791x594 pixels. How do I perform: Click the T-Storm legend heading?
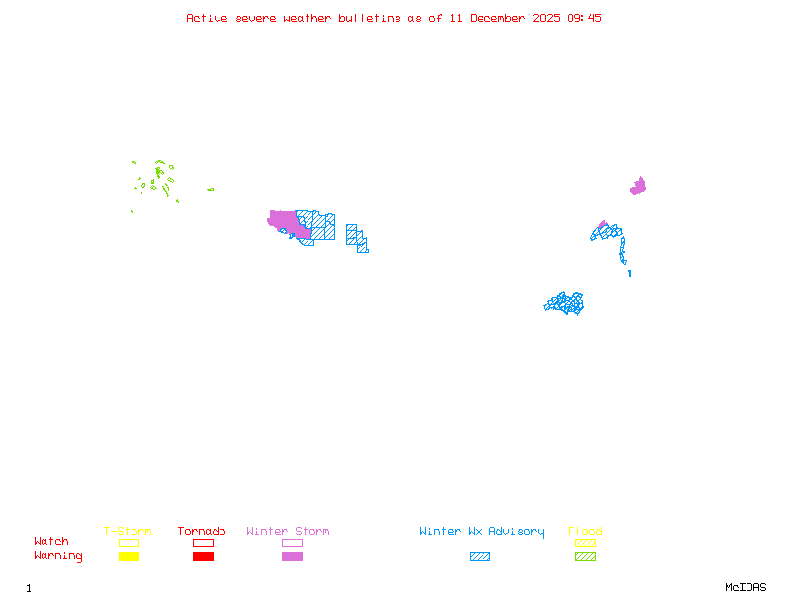click(128, 532)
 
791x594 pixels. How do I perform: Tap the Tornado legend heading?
click(202, 532)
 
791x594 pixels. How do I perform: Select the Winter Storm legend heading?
click(288, 532)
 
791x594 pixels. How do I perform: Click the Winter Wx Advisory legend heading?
click(482, 532)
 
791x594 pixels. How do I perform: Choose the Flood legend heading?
click(585, 532)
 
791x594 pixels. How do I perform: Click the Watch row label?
click(51, 542)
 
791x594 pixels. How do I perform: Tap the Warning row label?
click(58, 556)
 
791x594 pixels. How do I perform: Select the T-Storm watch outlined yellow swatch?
click(129, 543)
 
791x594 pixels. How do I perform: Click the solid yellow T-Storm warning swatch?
click(129, 557)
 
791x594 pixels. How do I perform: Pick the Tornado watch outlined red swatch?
click(203, 543)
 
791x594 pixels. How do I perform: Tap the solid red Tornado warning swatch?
click(203, 557)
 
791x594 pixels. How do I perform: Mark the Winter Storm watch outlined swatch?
click(292, 543)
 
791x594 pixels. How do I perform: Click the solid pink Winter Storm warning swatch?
click(292, 557)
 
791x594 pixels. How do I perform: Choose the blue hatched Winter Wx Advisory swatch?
click(480, 557)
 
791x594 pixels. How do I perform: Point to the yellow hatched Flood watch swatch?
click(585, 543)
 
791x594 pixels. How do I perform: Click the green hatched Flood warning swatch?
click(585, 557)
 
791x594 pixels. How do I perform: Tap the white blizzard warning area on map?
click(628, 263)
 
